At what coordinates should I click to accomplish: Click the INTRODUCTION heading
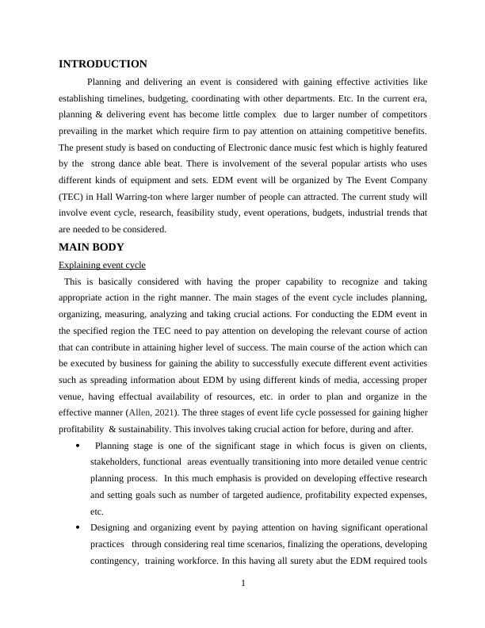(103, 64)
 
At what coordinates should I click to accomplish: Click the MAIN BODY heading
(91, 247)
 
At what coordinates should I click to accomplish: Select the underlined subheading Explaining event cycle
(102, 265)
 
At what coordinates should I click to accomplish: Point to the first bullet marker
(77, 446)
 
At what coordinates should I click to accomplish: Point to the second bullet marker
(77, 528)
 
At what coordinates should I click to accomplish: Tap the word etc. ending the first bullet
(97, 511)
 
